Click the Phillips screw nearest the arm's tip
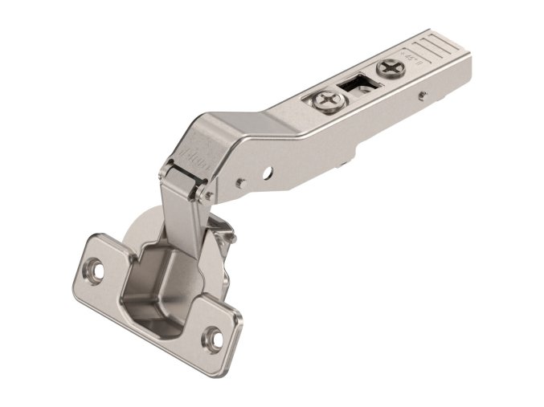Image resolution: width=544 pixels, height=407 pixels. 391,68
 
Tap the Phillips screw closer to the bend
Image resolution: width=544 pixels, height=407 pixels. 326,100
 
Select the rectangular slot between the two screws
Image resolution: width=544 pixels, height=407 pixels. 354,83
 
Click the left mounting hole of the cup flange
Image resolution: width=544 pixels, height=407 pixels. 95,271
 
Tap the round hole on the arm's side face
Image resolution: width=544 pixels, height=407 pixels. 267,171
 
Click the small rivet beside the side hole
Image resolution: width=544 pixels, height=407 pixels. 240,183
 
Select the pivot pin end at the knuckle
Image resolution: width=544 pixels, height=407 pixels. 208,193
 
